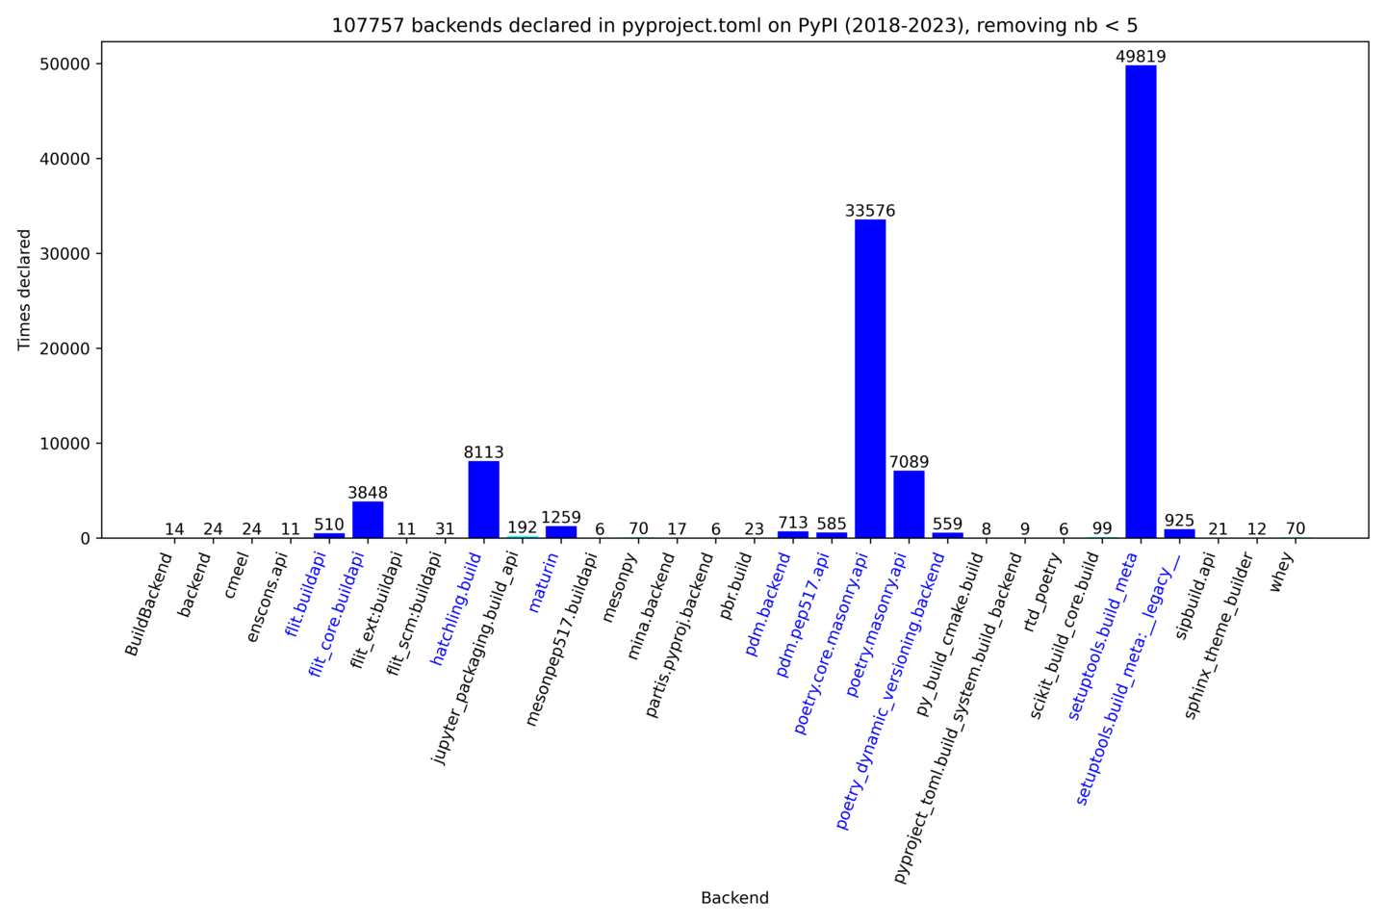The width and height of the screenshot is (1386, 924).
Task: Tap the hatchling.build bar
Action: pyautogui.click(x=483, y=500)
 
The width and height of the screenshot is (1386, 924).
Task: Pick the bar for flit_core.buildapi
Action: pyautogui.click(x=368, y=520)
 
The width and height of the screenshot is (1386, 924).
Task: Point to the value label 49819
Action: pyautogui.click(x=1141, y=57)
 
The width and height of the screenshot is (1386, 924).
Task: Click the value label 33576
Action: pyautogui.click(x=870, y=211)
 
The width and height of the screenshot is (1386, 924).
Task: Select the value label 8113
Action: pyautogui.click(x=483, y=452)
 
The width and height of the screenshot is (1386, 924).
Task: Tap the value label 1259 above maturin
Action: pyautogui.click(x=561, y=518)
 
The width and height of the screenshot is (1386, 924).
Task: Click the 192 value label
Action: pyautogui.click(x=523, y=527)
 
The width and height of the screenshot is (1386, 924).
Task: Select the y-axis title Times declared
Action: pyautogui.click(x=24, y=290)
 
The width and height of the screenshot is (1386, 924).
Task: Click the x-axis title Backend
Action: pyautogui.click(x=734, y=898)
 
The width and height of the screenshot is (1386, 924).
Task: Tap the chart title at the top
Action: pyautogui.click(x=734, y=26)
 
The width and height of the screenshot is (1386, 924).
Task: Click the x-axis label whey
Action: pyautogui.click(x=1282, y=572)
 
